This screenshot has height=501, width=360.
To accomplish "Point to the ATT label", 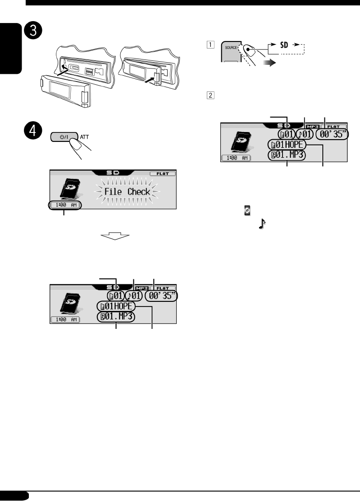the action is click(97, 135).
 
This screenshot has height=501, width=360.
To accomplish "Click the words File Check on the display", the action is click(127, 192).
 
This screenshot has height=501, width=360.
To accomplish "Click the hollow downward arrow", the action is click(114, 237).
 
